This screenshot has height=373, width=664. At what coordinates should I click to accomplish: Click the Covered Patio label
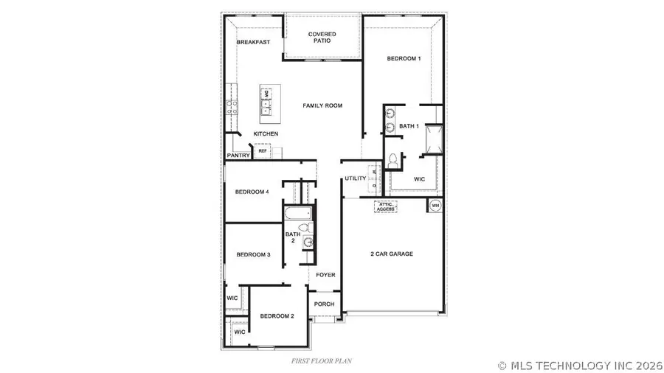(x=322, y=37)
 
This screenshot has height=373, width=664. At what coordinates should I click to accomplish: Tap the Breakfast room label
(x=253, y=42)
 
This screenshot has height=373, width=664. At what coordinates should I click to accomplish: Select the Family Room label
(x=322, y=106)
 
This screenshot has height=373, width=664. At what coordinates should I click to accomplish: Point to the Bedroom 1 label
(x=404, y=59)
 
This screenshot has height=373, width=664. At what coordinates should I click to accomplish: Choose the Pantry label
(x=238, y=156)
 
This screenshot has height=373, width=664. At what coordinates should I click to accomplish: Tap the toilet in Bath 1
(x=392, y=159)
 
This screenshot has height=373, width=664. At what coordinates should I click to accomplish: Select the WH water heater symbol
(x=435, y=205)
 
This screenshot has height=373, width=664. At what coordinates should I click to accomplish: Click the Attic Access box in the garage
(x=386, y=207)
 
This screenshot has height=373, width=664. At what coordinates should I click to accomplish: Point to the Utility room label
(x=356, y=178)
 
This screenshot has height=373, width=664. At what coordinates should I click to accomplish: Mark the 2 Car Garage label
(x=391, y=254)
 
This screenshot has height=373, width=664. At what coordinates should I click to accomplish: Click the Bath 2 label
(x=292, y=237)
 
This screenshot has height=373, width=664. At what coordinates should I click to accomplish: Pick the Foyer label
(x=325, y=275)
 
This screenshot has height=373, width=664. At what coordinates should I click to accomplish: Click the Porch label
(x=325, y=304)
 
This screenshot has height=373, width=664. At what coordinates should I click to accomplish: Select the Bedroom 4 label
(x=252, y=192)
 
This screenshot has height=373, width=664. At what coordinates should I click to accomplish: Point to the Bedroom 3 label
(x=253, y=255)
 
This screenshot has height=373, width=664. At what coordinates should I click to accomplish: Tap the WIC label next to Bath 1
(x=419, y=179)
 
